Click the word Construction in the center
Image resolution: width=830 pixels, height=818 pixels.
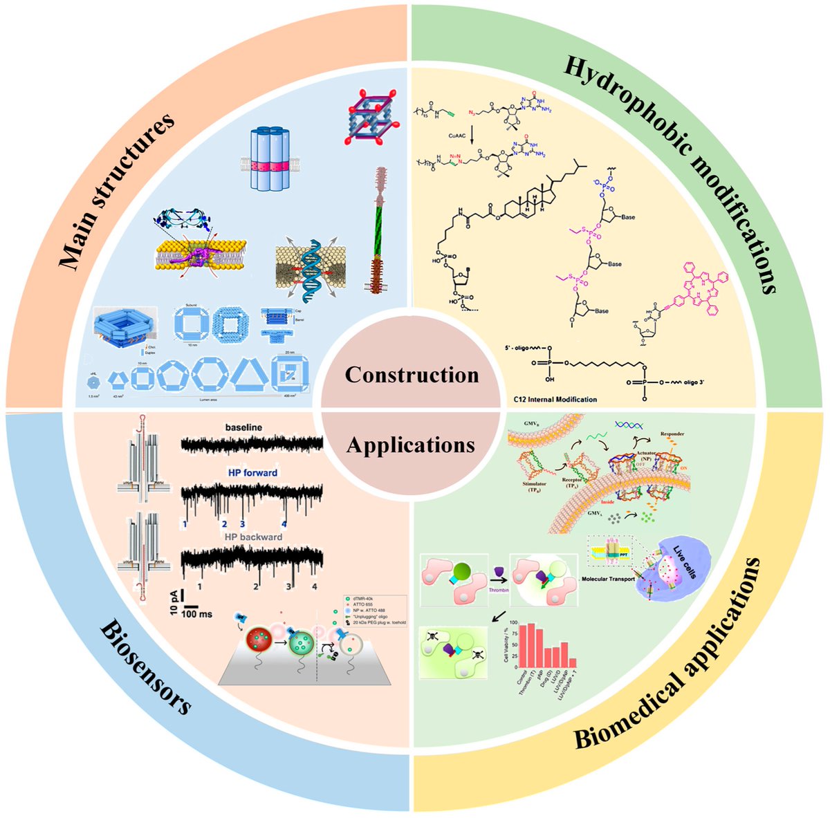point(412,375)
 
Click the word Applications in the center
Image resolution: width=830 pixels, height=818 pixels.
point(411,445)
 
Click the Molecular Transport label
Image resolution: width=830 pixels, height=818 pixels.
point(613,578)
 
